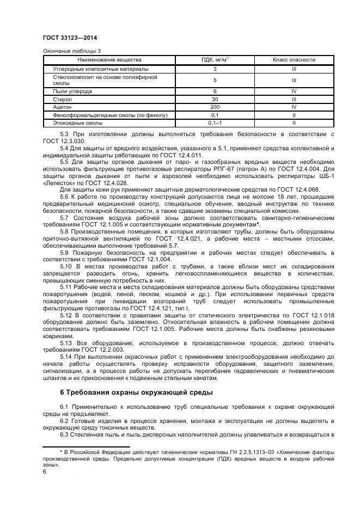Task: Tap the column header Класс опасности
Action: click(x=294, y=59)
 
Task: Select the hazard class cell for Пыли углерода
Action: click(x=294, y=91)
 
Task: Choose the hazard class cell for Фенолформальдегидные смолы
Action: click(x=294, y=115)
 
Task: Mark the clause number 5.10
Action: click(x=66, y=266)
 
